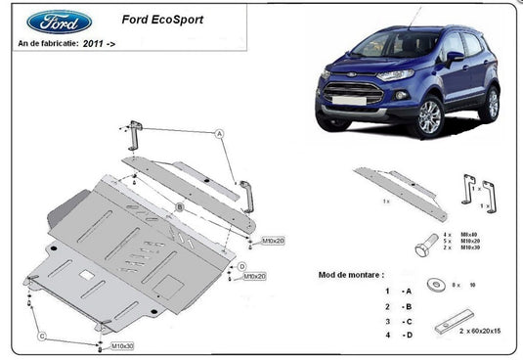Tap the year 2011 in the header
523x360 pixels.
coord(91,44)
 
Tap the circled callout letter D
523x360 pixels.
coord(240,266)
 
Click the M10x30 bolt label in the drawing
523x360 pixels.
coord(121,345)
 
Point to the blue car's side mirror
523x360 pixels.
coord(456,58)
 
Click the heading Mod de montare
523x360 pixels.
coord(351,276)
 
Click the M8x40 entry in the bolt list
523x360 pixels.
coord(469,235)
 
